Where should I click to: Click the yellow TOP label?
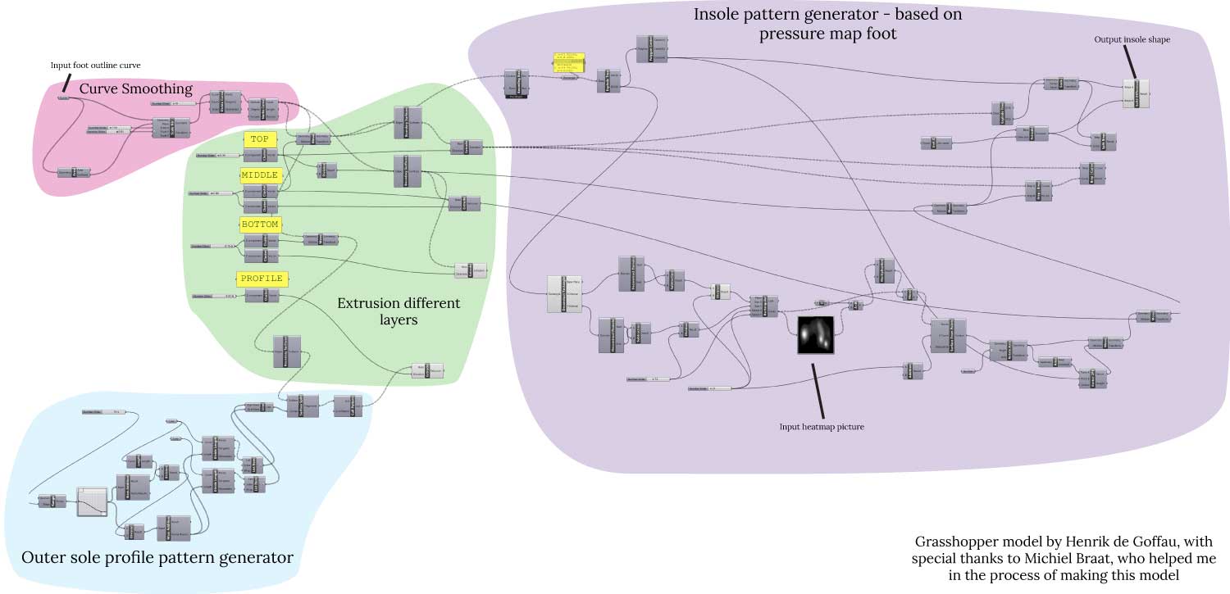coord(261,139)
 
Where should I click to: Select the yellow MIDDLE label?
coord(261,175)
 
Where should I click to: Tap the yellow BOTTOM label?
coord(261,224)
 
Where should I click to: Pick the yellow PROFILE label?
coord(261,279)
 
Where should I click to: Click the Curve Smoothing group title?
coord(135,88)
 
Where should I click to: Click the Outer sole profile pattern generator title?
coord(157,558)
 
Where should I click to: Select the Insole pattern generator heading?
coord(828,24)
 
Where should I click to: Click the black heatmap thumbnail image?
coord(815,335)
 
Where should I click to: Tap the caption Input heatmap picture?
coord(821,427)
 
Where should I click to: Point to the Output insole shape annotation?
coord(1132,39)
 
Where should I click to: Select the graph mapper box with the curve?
coord(92,501)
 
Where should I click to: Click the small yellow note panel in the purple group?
coord(569,66)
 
